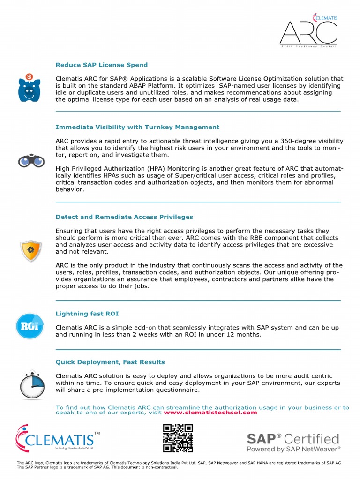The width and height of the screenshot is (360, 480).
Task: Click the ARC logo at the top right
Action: [x=308, y=31]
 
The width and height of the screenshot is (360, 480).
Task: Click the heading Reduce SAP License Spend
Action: [x=102, y=65]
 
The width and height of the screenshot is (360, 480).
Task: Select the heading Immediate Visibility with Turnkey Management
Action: [x=137, y=127]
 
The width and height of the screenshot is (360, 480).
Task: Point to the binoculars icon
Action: [x=31, y=162]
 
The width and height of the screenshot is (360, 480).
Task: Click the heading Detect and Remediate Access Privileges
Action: [x=124, y=217]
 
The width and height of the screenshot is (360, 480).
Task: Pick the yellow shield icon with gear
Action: [x=31, y=251]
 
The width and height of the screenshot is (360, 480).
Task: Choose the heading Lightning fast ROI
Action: [x=90, y=313]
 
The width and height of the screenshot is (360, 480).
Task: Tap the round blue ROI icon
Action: [x=30, y=326]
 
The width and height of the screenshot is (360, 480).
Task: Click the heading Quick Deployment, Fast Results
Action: [x=110, y=362]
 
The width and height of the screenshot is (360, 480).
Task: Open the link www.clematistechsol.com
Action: [x=210, y=412]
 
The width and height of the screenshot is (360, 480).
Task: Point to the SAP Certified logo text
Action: [x=293, y=439]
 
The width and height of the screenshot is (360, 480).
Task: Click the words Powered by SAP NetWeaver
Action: [x=294, y=449]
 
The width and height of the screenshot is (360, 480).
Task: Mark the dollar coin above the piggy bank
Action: [x=30, y=77]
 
